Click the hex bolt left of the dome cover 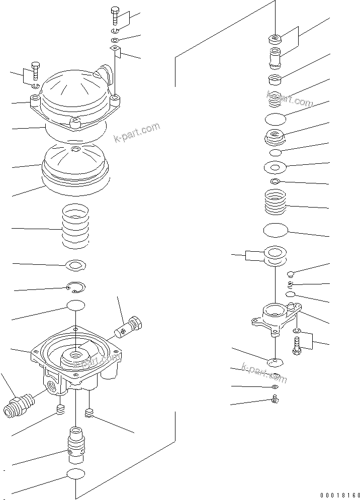(35, 70)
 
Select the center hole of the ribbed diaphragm (75, 149)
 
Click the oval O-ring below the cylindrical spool (75, 474)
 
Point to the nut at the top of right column (275, 39)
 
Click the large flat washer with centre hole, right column (275, 166)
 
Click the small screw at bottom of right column (275, 400)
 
